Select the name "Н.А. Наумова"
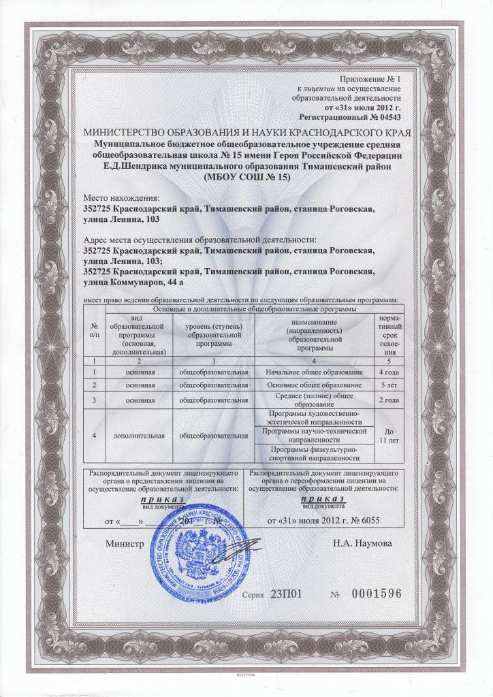click(361, 545)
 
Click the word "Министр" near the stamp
click(124, 545)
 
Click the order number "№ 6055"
click(361, 522)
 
